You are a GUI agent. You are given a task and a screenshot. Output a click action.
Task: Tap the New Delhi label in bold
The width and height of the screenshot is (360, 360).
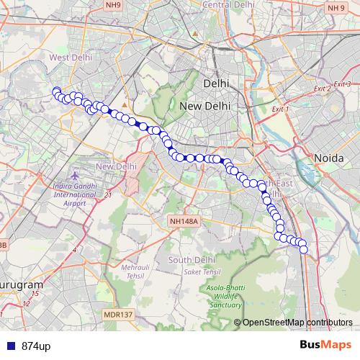pyautogui.click(x=205, y=106)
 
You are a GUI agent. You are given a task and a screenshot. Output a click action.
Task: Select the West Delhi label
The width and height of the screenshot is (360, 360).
pyautogui.click(x=68, y=56)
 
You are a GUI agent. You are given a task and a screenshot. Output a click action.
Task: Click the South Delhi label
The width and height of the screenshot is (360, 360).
pyautogui.click(x=189, y=259)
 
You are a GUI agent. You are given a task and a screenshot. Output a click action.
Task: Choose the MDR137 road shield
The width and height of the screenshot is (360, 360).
pyautogui.click(x=119, y=315)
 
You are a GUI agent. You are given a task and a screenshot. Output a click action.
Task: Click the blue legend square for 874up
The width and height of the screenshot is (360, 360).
pyautogui.click(x=10, y=346)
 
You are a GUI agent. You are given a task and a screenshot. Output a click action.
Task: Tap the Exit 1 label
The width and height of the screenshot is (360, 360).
pyautogui.click(x=280, y=109)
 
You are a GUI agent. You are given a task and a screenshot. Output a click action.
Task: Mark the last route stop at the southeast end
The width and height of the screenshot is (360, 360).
pyautogui.click(x=303, y=249)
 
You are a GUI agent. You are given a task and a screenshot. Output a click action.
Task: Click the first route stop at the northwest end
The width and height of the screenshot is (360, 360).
pyautogui.click(x=56, y=91)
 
